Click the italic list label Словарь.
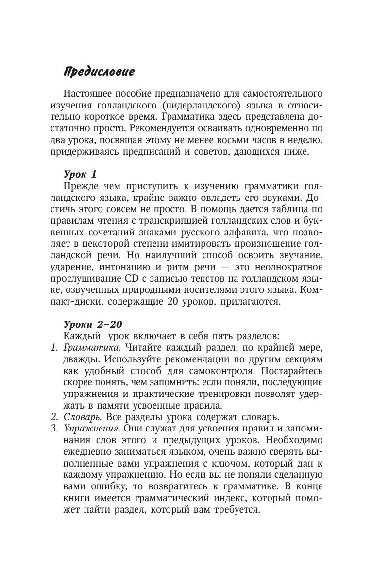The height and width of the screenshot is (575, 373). tap(80, 416)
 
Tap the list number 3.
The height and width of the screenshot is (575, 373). tap(54, 428)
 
